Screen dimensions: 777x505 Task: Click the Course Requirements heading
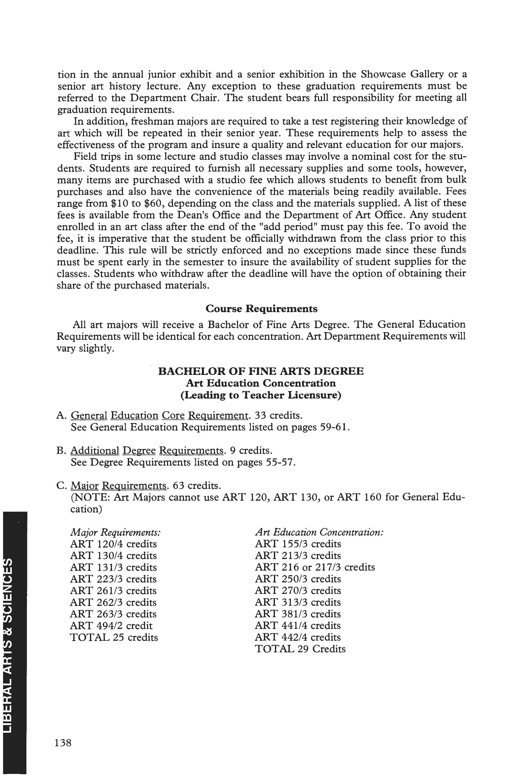[x=261, y=309]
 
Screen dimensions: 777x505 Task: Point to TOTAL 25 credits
[x=114, y=637]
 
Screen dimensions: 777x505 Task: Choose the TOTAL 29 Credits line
[x=300, y=649]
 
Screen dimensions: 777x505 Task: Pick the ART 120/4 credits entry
[x=113, y=544]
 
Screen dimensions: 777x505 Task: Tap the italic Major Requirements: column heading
[x=115, y=532]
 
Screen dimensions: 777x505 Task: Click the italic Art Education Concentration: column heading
[x=319, y=532]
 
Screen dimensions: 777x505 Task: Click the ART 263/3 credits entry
[x=113, y=614]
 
